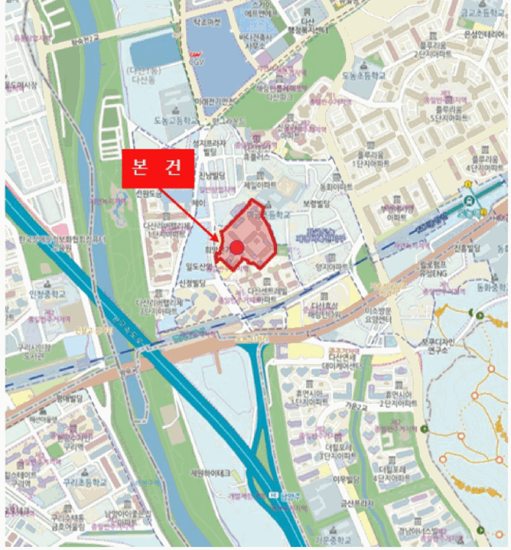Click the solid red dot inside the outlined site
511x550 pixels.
[237, 247]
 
